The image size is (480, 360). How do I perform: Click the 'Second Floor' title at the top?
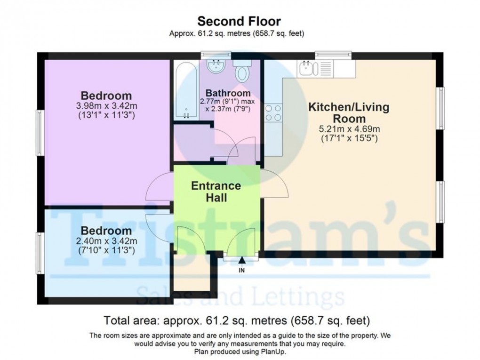(x=239, y=21)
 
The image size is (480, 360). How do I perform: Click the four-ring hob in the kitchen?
(x=273, y=113)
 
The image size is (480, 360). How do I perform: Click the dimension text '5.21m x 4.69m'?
(x=348, y=129)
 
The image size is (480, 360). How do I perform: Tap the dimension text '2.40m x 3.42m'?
(x=106, y=242)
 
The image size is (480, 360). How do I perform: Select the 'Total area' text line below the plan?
(x=237, y=321)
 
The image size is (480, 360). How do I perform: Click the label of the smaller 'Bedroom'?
(x=106, y=231)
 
